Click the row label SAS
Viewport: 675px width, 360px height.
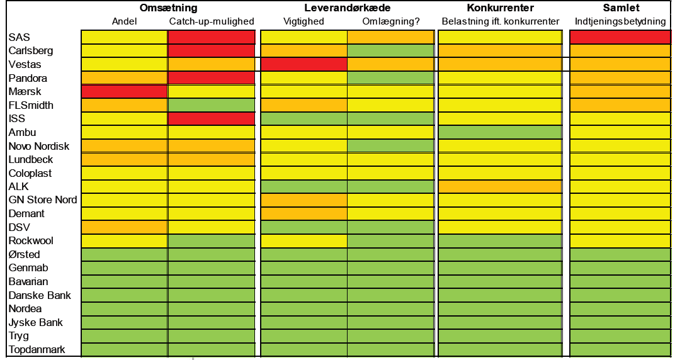click(x=19, y=37)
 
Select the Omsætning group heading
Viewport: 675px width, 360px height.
click(x=168, y=8)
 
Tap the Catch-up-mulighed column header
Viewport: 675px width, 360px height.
click(x=212, y=21)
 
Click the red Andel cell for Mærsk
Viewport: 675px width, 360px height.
click(x=124, y=92)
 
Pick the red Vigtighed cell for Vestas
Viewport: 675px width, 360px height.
click(x=303, y=64)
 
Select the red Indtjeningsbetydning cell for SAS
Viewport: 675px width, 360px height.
click(x=620, y=37)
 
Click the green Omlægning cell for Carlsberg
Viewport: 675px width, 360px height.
click(x=390, y=50)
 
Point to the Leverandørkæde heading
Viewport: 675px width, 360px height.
click(x=347, y=8)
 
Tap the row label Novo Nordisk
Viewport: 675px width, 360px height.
click(x=39, y=146)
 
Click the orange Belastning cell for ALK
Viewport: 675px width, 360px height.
click(x=500, y=187)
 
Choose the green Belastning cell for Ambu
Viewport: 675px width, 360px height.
click(x=500, y=132)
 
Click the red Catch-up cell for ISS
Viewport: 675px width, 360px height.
click(x=211, y=119)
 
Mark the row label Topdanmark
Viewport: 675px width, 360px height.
click(x=37, y=349)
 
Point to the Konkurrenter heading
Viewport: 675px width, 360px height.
click(x=500, y=8)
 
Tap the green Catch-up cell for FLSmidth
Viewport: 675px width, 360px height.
click(x=211, y=105)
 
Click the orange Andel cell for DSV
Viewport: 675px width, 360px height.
click(x=124, y=227)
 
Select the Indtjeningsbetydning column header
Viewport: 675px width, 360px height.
click(x=620, y=21)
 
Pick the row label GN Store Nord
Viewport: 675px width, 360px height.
click(x=43, y=200)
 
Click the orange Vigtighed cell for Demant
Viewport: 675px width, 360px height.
click(x=303, y=214)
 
